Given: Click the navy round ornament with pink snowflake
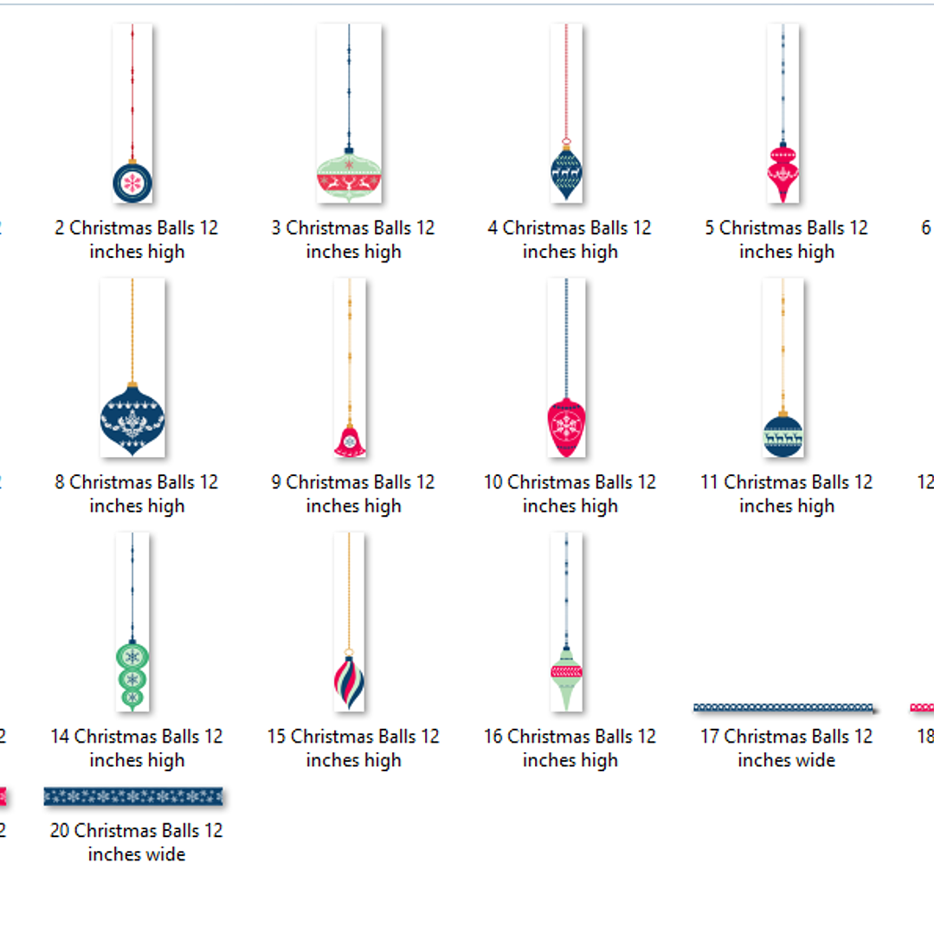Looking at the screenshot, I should tap(132, 182).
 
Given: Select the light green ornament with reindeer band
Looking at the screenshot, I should tap(349, 178).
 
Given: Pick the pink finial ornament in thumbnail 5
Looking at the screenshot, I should tap(783, 172).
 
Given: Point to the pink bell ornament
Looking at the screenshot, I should tap(350, 441).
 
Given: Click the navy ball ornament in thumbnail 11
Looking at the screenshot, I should tap(783, 435).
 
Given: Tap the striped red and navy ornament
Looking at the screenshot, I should tap(349, 681).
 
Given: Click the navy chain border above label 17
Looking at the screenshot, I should tap(784, 707).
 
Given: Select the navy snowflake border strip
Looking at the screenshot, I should tap(133, 796).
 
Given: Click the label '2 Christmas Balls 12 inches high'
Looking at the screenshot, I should tap(137, 240).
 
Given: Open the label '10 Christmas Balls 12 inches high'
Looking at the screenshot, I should tap(570, 493).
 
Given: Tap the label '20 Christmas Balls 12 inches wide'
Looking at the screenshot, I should tap(137, 842).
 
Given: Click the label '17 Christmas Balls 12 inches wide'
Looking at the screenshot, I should tap(786, 748).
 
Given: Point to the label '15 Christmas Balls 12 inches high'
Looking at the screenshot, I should tap(353, 748).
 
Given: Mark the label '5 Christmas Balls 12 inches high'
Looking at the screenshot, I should tap(786, 240).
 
